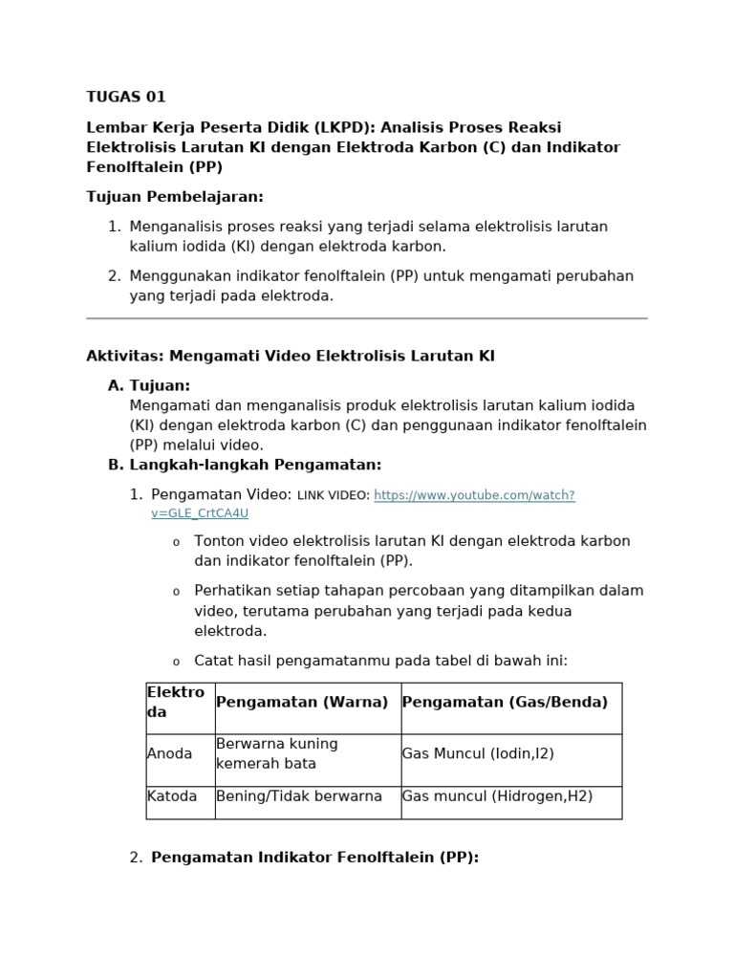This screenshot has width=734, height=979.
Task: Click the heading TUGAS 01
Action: tap(126, 97)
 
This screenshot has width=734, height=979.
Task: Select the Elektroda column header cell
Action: tap(180, 703)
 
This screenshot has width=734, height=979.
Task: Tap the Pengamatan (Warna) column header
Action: tap(302, 703)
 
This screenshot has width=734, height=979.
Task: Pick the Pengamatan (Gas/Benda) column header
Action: tap(505, 703)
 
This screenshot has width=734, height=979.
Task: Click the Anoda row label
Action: tap(169, 754)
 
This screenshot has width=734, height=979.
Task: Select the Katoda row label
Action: tap(172, 796)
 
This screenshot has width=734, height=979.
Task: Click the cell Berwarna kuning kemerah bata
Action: tap(277, 754)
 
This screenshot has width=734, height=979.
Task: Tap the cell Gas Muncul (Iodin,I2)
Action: tap(478, 754)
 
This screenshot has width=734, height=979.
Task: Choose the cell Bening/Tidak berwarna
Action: tap(299, 796)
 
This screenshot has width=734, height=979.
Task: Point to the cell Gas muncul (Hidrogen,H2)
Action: tap(497, 796)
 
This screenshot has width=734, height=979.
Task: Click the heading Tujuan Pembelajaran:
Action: tap(175, 197)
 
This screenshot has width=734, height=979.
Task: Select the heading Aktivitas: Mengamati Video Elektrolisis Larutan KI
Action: tap(291, 357)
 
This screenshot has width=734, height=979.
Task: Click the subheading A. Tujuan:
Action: tap(149, 385)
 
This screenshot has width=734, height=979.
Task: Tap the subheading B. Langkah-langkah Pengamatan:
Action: tap(245, 465)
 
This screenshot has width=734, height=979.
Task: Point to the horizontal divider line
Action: tap(367, 318)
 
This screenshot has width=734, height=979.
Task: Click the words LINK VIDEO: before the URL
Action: tap(334, 495)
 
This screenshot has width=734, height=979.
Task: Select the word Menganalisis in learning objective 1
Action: tap(176, 227)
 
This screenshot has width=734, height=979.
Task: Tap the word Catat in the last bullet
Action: tap(213, 661)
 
